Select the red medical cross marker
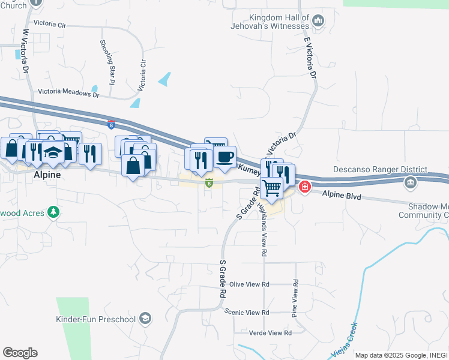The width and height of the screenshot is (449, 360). pos(305,187)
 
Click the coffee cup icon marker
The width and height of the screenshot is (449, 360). pos(224,157)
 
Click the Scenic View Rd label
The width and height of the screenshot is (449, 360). pos(247,313)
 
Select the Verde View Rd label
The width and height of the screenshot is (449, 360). pos(270,332)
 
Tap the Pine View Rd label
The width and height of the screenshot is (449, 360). pos(295,298)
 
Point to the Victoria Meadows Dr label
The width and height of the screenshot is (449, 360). pos(68,92)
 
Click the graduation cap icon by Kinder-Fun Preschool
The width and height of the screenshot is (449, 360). pos(145,318)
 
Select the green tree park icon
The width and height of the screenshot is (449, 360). pos(53,212)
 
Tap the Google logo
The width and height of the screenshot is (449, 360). pos(20,352)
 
